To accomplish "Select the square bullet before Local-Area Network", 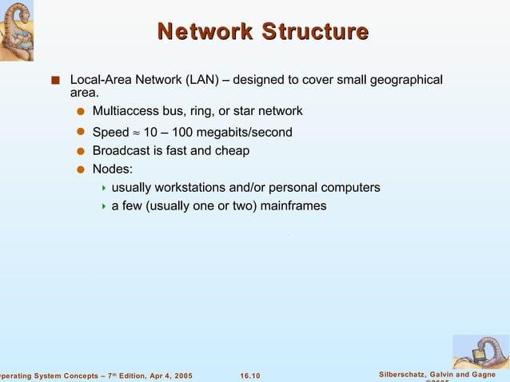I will (55, 81).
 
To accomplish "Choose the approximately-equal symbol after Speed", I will (136, 133).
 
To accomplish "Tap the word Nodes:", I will (113, 169).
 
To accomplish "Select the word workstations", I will (190, 187).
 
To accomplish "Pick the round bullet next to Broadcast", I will (80, 150).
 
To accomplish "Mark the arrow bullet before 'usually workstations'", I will (104, 188).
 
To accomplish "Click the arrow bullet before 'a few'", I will (104, 206).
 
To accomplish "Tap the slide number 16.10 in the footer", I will (250, 375).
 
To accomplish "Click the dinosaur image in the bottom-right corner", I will (480, 351).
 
